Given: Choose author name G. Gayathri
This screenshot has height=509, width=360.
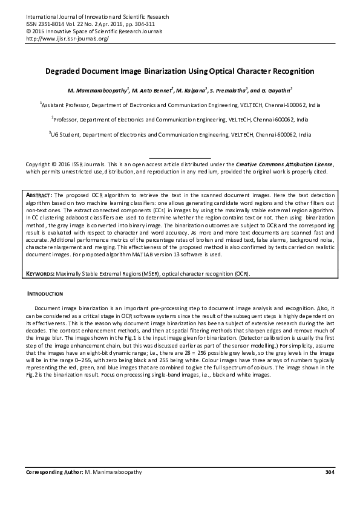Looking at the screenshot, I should click(x=275, y=91).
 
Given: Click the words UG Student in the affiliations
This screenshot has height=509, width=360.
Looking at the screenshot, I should click(x=65, y=135).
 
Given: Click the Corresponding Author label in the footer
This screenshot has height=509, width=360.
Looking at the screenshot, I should click(x=54, y=472).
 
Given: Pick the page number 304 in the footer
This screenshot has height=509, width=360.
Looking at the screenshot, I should click(x=329, y=472).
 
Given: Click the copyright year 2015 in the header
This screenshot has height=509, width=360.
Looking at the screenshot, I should click(x=38, y=31).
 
